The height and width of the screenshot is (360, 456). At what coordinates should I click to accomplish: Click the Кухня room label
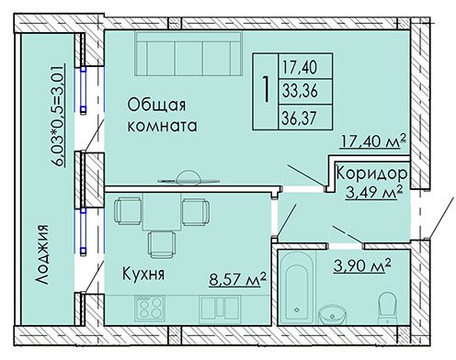tap(143, 274)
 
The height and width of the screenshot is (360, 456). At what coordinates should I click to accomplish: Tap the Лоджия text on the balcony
tap(41, 255)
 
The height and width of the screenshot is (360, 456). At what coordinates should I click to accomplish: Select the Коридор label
tap(372, 174)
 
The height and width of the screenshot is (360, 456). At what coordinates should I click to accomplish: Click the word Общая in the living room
tap(156, 106)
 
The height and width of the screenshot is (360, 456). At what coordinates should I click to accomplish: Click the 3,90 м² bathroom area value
tap(362, 265)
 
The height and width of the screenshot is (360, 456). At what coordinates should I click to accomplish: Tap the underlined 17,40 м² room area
tap(373, 141)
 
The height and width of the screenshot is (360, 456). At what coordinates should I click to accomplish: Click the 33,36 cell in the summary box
tap(300, 91)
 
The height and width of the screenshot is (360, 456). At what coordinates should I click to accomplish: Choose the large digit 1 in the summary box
tap(266, 89)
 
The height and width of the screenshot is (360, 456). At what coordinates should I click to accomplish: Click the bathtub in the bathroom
tap(297, 287)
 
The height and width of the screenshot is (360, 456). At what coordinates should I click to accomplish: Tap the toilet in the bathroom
tap(388, 309)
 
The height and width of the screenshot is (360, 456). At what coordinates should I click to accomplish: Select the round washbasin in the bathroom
tap(332, 314)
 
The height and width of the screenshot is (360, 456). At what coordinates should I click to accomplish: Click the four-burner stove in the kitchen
tap(150, 308)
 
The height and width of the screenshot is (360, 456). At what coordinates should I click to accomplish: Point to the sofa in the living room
tap(188, 53)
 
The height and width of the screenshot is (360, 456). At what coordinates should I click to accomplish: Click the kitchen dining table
tap(162, 212)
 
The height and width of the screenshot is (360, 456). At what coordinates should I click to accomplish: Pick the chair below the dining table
tap(162, 244)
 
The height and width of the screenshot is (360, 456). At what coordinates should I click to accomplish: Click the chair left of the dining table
tap(128, 211)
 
